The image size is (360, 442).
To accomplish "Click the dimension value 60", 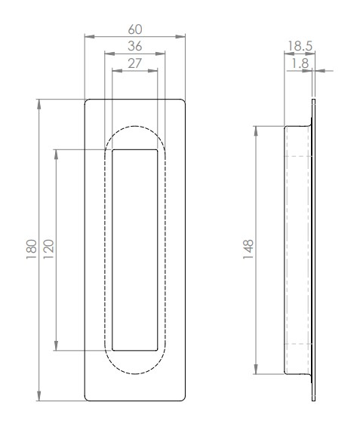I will click(x=135, y=28).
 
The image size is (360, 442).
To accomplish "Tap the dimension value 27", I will click(x=135, y=64).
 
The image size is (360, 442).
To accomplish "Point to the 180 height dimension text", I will click(x=31, y=249).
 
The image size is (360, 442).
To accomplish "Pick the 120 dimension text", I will click(x=48, y=249).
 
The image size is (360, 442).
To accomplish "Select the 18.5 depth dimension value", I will click(x=300, y=46).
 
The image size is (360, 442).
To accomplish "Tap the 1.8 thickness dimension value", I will click(x=300, y=64).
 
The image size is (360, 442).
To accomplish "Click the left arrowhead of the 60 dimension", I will click(x=88, y=35).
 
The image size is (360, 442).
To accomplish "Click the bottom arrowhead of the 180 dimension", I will click(x=38, y=397).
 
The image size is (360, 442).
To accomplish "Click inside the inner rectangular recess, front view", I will click(x=135, y=249).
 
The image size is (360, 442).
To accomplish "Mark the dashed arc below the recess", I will click(x=135, y=374).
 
